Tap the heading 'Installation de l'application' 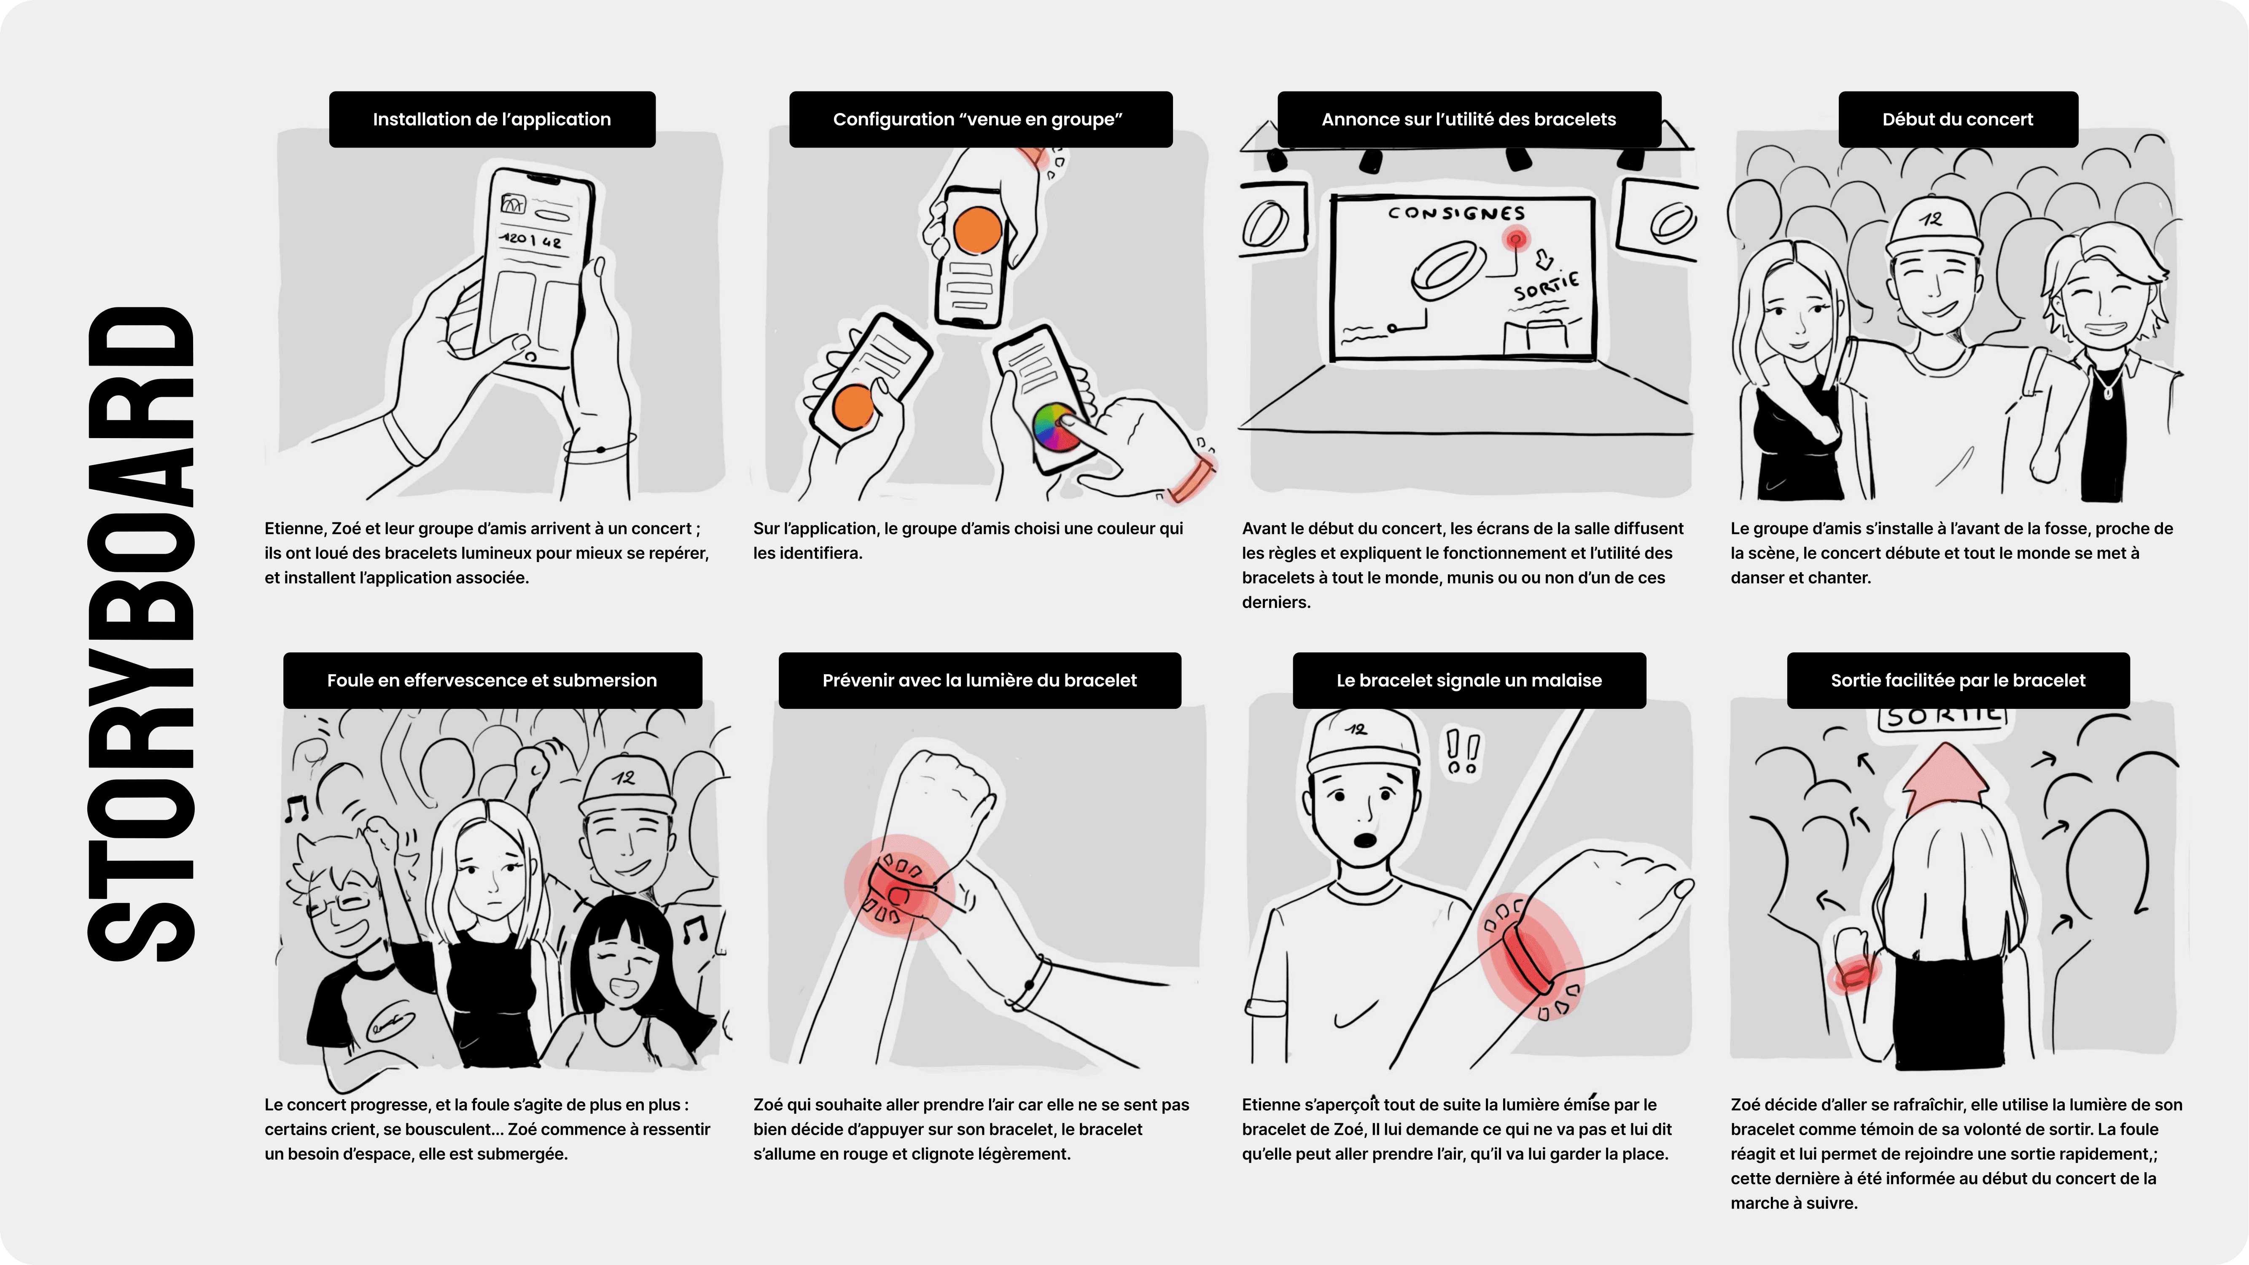(492, 120)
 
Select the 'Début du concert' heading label (1957, 120)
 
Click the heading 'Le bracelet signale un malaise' (1469, 680)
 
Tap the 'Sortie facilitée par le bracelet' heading (1957, 680)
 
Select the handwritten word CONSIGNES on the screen (1456, 213)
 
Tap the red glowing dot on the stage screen (1516, 238)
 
